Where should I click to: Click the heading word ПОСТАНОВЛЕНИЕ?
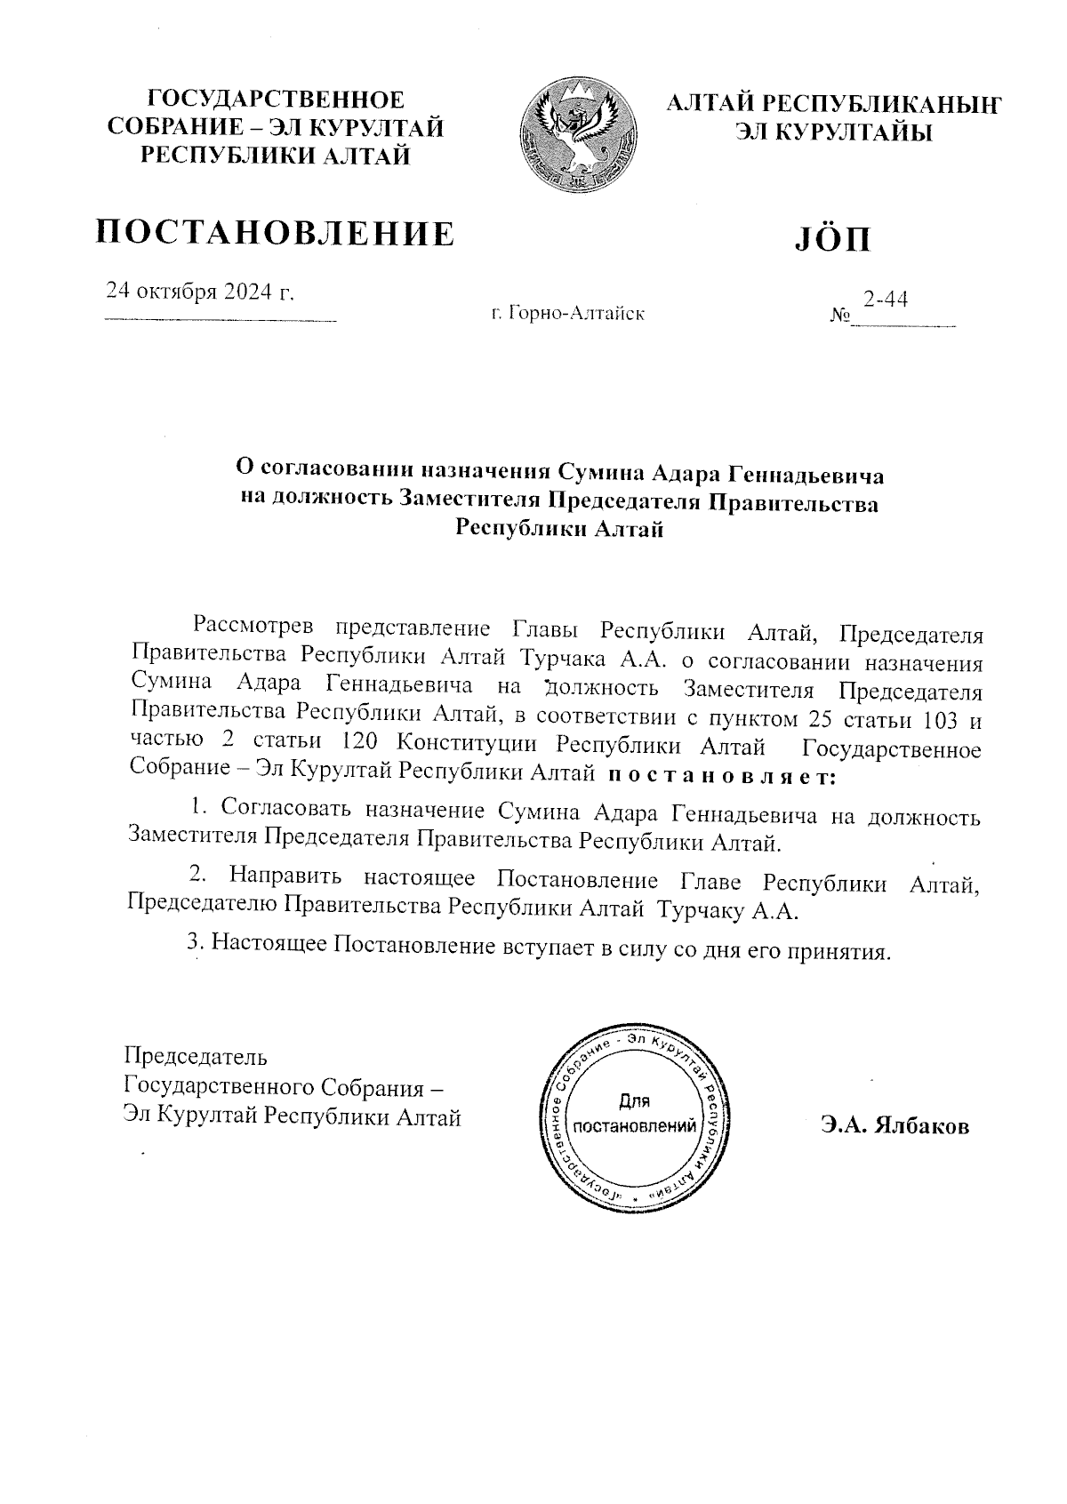(x=276, y=233)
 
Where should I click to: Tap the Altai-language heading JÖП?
(x=831, y=238)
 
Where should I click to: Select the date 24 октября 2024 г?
(x=200, y=292)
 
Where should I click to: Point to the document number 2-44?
(x=886, y=300)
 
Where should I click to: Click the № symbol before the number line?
(x=839, y=316)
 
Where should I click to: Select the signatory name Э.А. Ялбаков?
(x=895, y=1126)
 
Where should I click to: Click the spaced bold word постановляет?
(x=721, y=776)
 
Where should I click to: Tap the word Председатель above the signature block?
(x=195, y=1057)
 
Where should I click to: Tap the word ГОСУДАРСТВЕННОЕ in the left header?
(x=276, y=100)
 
